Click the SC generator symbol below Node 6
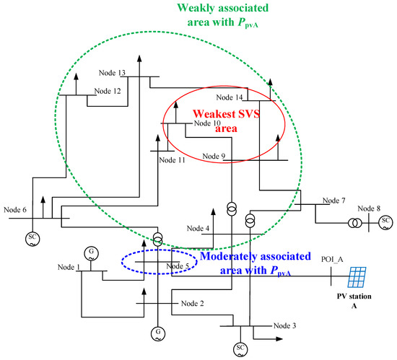click(x=32, y=237)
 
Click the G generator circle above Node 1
click(x=90, y=252)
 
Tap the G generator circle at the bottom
click(x=157, y=333)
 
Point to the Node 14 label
click(x=230, y=97)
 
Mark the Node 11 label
click(x=172, y=159)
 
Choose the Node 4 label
click(x=197, y=229)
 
